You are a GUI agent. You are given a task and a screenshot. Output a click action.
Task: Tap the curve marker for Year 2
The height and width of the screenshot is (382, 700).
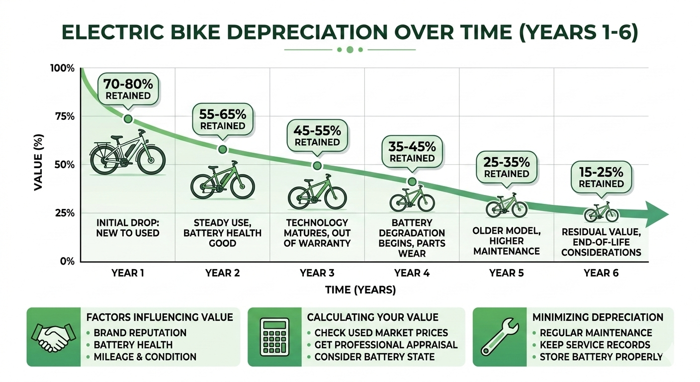(223, 150)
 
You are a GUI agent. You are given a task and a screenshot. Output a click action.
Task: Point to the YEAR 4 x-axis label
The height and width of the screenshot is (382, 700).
(412, 273)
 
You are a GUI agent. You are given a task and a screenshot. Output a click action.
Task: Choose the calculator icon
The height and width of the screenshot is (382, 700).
(274, 337)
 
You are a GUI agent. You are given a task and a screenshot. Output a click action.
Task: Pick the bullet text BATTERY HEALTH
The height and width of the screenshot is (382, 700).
(133, 345)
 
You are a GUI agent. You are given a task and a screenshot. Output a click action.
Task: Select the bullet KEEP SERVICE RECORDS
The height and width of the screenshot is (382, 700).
(595, 345)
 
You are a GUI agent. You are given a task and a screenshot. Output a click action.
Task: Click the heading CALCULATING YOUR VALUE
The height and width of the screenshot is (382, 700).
(372, 317)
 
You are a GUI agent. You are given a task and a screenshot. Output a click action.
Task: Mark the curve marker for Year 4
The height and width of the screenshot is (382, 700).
(412, 182)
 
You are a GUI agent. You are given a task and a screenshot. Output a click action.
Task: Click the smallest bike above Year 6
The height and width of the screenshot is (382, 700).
(601, 212)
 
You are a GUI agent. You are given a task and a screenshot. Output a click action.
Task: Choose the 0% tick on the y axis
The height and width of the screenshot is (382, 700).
(66, 261)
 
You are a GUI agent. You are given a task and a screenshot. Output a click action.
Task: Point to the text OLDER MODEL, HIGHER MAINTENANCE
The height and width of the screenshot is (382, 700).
(506, 241)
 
